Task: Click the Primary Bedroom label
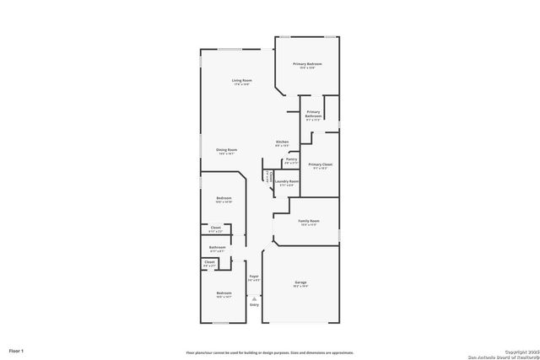(307, 64)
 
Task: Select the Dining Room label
(227, 150)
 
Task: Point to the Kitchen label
(283, 142)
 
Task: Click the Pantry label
(291, 159)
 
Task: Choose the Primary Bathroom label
(313, 113)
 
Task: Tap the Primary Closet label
(321, 165)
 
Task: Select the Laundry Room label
(288, 181)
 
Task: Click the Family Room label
(309, 221)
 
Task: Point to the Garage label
(300, 282)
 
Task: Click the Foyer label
(253, 276)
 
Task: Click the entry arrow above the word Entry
(253, 298)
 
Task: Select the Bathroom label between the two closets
(217, 248)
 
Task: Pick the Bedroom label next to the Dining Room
(224, 198)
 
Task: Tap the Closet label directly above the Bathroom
(215, 228)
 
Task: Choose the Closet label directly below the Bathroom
(209, 262)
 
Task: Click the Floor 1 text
(17, 350)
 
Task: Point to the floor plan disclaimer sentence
(270, 353)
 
